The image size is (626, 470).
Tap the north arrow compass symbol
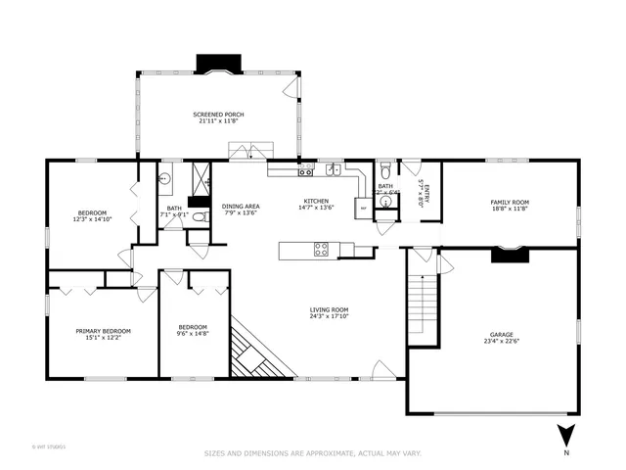[x=565, y=435]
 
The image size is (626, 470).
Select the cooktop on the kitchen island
[x=320, y=250]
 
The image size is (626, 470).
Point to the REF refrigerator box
[x=364, y=208]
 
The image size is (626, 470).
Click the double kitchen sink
[x=333, y=168]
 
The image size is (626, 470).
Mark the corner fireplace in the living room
[x=256, y=351]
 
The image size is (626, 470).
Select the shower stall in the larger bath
[x=201, y=179]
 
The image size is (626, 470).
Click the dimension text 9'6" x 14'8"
[x=192, y=333]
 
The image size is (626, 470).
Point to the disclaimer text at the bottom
[x=312, y=452]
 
